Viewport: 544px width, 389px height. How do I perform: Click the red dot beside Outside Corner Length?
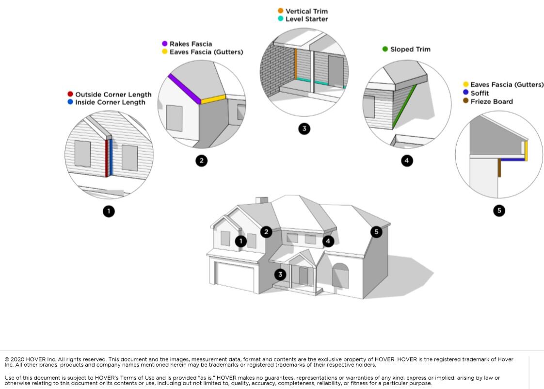click(70, 94)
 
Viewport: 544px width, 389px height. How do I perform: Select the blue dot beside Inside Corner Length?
click(70, 102)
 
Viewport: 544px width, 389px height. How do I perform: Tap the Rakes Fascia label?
click(191, 44)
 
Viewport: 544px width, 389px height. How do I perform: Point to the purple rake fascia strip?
click(184, 89)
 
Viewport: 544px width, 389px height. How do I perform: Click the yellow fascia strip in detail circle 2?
click(213, 99)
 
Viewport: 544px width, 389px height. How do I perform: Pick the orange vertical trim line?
click(296, 64)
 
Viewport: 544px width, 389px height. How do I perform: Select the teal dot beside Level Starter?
click(280, 18)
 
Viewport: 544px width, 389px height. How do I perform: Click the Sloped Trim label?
click(411, 49)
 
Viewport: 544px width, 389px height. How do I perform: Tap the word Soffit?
click(480, 93)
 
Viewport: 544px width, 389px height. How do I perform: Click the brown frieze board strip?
click(499, 168)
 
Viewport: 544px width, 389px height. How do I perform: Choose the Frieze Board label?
click(492, 102)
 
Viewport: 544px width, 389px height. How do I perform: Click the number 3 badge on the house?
click(280, 275)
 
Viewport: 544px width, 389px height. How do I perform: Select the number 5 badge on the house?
click(376, 232)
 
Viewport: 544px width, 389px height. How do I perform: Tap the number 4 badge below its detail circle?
click(407, 161)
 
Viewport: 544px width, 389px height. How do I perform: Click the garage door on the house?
click(235, 276)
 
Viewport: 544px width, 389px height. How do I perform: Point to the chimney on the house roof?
click(262, 201)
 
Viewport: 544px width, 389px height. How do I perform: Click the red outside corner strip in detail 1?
click(107, 158)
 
